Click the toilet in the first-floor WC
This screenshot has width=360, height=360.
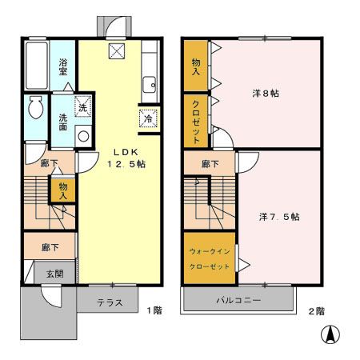pyautogui.click(x=35, y=107)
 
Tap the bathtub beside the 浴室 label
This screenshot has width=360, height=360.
pyautogui.click(x=37, y=66)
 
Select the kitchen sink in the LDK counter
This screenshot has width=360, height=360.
pyautogui.click(x=150, y=85)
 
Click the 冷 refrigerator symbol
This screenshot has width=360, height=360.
pyautogui.click(x=148, y=118)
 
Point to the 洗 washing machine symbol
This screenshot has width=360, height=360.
pyautogui.click(x=83, y=106)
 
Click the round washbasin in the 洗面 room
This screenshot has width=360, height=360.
pyautogui.click(x=83, y=137)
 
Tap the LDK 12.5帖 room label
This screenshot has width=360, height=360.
pyautogui.click(x=126, y=158)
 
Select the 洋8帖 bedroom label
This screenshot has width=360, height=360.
pyautogui.click(x=266, y=94)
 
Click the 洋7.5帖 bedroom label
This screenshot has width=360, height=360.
pyautogui.click(x=279, y=217)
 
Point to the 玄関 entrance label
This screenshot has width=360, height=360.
pyautogui.click(x=54, y=274)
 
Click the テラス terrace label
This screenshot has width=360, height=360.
pyautogui.click(x=110, y=302)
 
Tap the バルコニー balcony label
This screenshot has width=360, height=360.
pyautogui.click(x=238, y=300)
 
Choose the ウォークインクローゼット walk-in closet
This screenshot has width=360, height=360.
pyautogui.click(x=210, y=258)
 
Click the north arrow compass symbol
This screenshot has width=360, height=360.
pyautogui.click(x=330, y=334)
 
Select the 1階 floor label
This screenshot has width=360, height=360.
pyautogui.click(x=154, y=310)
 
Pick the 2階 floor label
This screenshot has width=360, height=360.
pyautogui.click(x=317, y=311)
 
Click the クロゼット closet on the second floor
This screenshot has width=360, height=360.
pyautogui.click(x=196, y=121)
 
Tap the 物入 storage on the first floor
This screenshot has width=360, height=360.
pyautogui.click(x=63, y=190)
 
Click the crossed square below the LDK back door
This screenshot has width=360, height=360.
pyautogui.click(x=117, y=51)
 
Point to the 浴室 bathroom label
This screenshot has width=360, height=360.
pyautogui.click(x=63, y=67)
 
